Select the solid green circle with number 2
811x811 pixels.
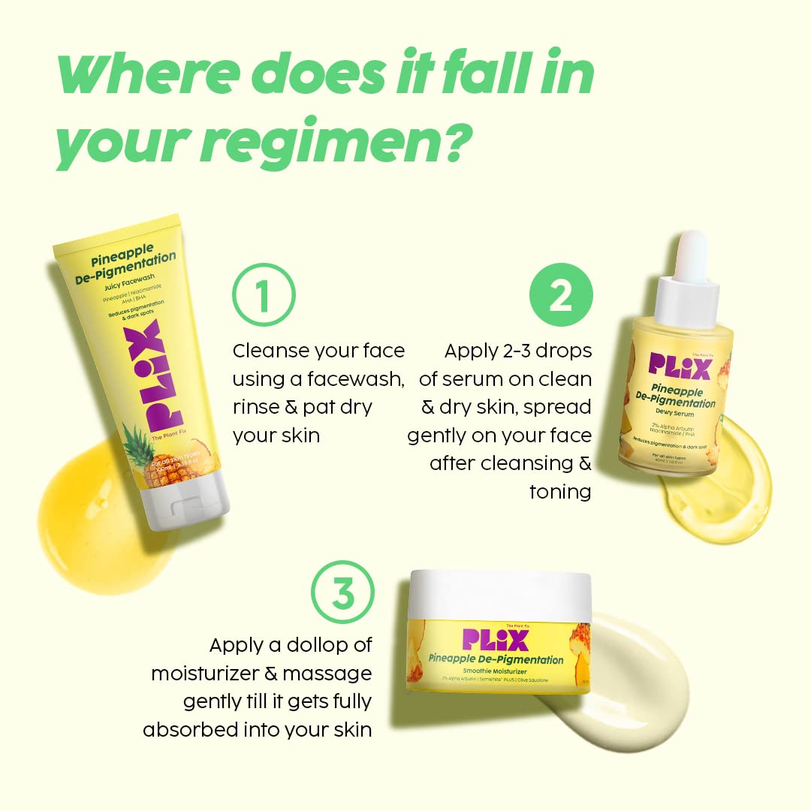click(x=561, y=295)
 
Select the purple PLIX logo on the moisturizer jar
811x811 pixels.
click(x=496, y=638)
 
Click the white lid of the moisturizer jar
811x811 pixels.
click(x=499, y=592)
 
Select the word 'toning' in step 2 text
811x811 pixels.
click(x=560, y=491)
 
